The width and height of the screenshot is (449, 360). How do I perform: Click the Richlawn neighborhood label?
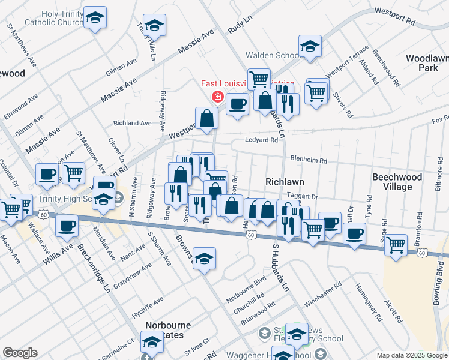pos(285,181)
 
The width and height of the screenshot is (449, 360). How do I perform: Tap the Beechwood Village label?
pos(393,182)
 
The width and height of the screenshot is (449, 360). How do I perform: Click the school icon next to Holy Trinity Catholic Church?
pos(95,17)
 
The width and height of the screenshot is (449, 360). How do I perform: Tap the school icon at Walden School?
pos(310,46)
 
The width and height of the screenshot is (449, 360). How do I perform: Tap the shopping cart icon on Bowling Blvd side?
pos(396,245)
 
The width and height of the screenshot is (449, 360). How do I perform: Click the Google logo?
pos(20,353)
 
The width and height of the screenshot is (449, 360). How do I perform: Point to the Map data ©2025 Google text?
pos(412,355)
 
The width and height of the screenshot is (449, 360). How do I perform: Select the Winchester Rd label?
pos(318,296)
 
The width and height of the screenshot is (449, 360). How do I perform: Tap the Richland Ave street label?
pos(133,123)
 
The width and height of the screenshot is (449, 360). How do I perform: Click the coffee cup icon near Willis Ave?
pos(67,226)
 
